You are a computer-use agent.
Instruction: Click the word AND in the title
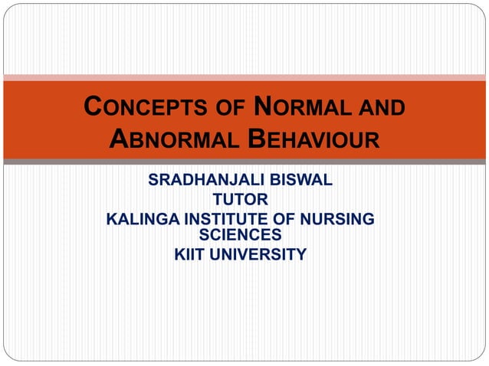[x=379, y=109]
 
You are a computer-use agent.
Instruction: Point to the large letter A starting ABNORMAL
[x=120, y=139]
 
